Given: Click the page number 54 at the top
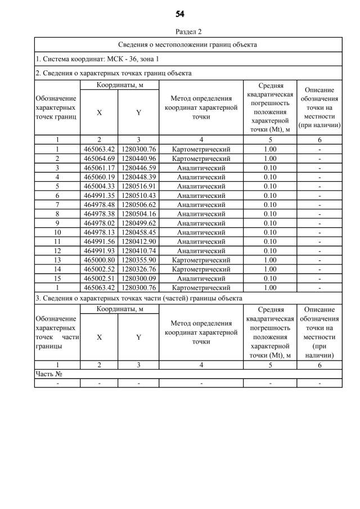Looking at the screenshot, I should point(180,14).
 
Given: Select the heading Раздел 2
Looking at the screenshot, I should point(188,31).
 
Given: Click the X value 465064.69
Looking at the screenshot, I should point(99,159).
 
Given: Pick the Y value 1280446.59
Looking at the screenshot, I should point(138,168).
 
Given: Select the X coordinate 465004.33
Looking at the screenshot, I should point(99,186).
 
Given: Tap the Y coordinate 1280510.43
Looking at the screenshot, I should point(138,195).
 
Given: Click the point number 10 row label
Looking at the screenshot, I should point(57,232).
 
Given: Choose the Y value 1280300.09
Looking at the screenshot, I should point(138,278).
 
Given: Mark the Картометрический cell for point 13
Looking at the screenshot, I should point(201,260).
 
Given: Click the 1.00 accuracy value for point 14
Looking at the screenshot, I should point(270,269).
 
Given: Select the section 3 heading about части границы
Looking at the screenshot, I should point(139,298).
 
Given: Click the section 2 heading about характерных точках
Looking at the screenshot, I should point(113,73).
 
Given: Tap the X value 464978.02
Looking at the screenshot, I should point(99,223).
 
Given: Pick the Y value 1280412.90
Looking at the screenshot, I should point(138,241).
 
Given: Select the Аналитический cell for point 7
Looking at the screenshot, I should point(201,205).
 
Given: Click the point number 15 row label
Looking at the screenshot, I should point(57,278).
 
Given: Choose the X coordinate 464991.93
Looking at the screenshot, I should point(99,251).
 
